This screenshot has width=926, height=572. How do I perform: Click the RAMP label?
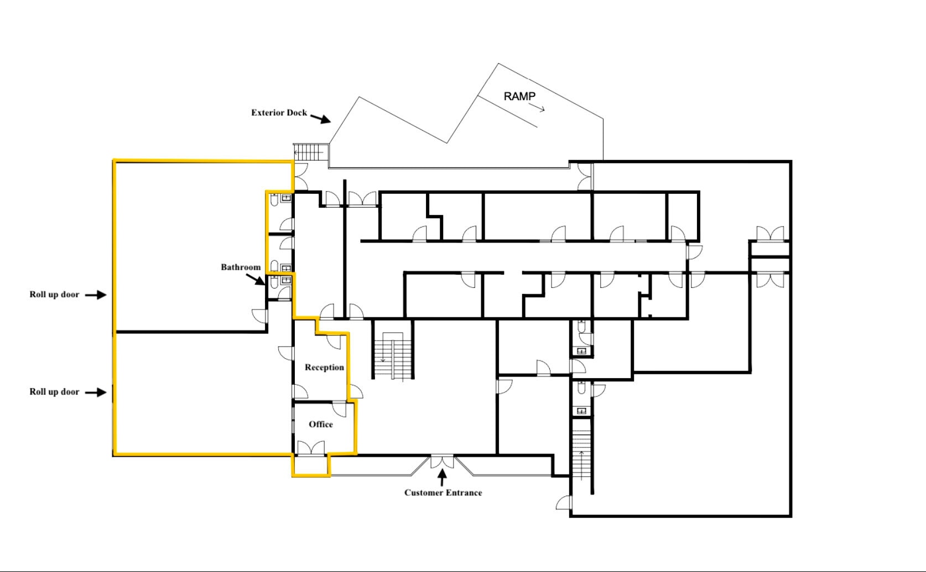coord(519,96)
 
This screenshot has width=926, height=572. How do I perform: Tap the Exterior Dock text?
coord(279,112)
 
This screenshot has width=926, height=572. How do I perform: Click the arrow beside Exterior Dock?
coord(320,118)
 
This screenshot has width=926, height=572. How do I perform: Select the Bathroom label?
coord(241,267)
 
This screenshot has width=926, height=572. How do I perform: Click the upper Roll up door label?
coord(54,295)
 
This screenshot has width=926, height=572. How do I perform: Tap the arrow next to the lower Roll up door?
coord(96,392)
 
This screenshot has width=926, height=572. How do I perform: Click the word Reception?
coord(324,367)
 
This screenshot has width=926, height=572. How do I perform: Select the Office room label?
coord(321,424)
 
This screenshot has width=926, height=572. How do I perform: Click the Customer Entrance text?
coord(443,492)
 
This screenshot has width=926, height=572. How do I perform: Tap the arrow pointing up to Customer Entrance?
coord(442,476)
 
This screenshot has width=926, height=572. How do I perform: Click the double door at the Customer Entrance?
coord(442,461)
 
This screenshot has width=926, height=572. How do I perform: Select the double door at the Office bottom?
coord(310,448)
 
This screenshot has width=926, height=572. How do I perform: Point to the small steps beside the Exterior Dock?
coord(310,152)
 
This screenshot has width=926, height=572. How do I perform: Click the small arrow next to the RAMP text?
coord(540,109)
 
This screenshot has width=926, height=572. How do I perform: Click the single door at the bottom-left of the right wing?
coord(564,503)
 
